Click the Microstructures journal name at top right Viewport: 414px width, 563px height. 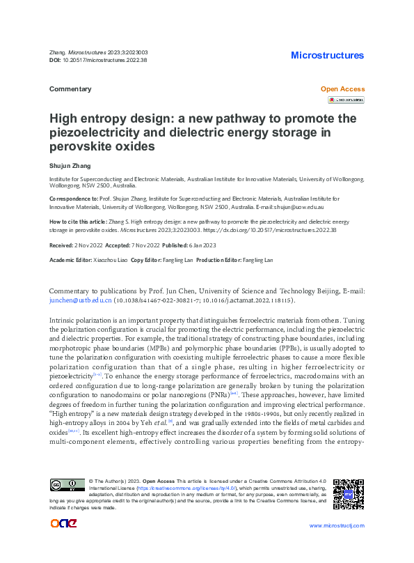click(327, 55)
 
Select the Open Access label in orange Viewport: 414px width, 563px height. click(342, 89)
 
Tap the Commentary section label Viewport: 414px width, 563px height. click(70, 89)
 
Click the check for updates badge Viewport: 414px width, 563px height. click(347, 100)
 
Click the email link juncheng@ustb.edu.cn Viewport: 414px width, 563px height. click(79, 300)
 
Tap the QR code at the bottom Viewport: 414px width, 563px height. click(348, 493)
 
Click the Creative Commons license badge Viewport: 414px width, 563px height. click(67, 484)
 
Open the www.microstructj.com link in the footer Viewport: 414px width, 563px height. click(336, 525)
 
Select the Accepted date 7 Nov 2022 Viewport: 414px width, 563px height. click(142, 246)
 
